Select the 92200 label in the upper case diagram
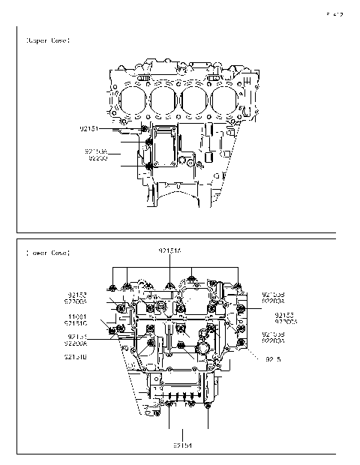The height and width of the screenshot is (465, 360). pos(98,158)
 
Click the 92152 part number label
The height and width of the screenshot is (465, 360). pos(77,295)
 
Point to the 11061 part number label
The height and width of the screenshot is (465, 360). pos(79,316)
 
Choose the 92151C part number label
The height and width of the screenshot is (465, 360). pos(78,322)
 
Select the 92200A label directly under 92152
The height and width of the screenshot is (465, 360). pos(77,301)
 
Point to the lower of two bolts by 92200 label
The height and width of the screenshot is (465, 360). pos(150,166)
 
